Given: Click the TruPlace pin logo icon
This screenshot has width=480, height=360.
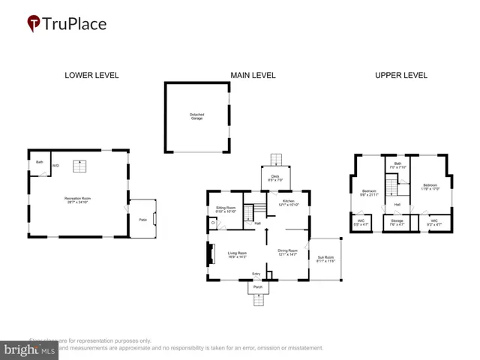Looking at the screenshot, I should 34,24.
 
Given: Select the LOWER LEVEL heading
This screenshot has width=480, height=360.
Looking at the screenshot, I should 91,75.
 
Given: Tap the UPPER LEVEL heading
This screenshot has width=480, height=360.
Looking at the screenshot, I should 401,75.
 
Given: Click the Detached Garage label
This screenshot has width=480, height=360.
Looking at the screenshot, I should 196,116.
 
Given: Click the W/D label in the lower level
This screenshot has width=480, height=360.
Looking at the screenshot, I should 55,165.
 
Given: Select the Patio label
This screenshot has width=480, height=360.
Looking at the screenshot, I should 142,219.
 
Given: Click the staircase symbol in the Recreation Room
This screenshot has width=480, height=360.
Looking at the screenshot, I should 77,166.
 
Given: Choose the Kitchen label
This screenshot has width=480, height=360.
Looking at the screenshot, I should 289,202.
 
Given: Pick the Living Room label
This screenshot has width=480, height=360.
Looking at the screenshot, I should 238,254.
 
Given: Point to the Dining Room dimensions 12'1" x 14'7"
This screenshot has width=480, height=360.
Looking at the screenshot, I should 288,255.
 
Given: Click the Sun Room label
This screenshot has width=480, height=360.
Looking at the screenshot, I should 326,257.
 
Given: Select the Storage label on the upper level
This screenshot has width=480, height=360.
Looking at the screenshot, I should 397,220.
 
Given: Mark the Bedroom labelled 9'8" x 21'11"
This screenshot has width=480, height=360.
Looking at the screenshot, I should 369,193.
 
